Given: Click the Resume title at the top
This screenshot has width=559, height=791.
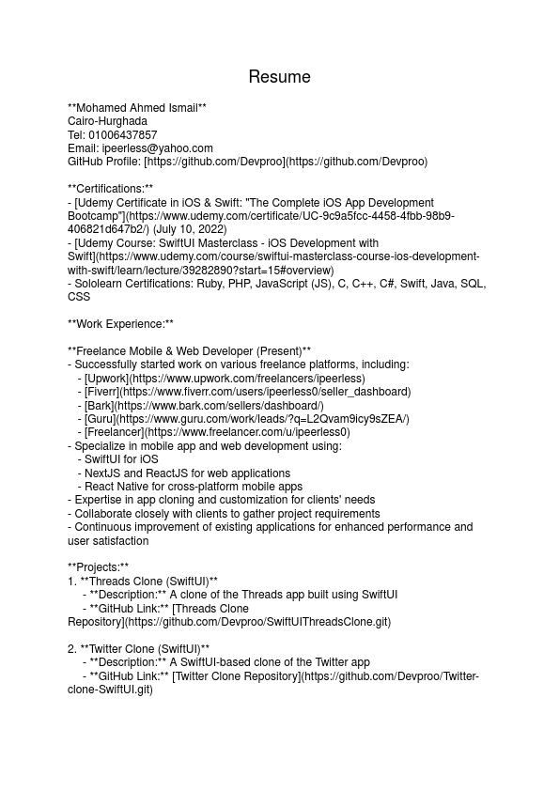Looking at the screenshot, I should (x=279, y=77).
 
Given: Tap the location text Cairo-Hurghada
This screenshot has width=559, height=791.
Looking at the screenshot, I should (x=107, y=121).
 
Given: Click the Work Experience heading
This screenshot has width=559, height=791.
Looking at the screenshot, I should (x=121, y=324).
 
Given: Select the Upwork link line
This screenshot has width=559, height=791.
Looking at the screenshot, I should (x=225, y=379).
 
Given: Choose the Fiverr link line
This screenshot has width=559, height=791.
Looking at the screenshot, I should (x=247, y=392).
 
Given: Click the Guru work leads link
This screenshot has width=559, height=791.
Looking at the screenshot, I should (x=246, y=419).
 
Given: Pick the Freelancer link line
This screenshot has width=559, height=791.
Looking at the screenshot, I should (x=217, y=432).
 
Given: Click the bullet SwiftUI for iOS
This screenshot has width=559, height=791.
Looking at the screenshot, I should (x=121, y=459).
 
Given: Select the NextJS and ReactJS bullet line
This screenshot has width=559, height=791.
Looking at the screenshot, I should (x=187, y=473).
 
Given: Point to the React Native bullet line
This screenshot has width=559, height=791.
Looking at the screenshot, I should (x=194, y=487).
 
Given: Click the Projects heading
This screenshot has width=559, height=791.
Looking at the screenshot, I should (x=99, y=567).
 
